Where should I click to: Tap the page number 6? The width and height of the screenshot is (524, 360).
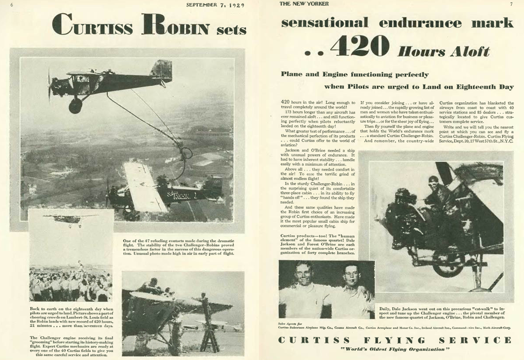tap(12, 5)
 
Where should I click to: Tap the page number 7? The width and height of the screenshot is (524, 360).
tap(511, 4)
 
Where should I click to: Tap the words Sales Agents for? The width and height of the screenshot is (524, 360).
tap(288, 323)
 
